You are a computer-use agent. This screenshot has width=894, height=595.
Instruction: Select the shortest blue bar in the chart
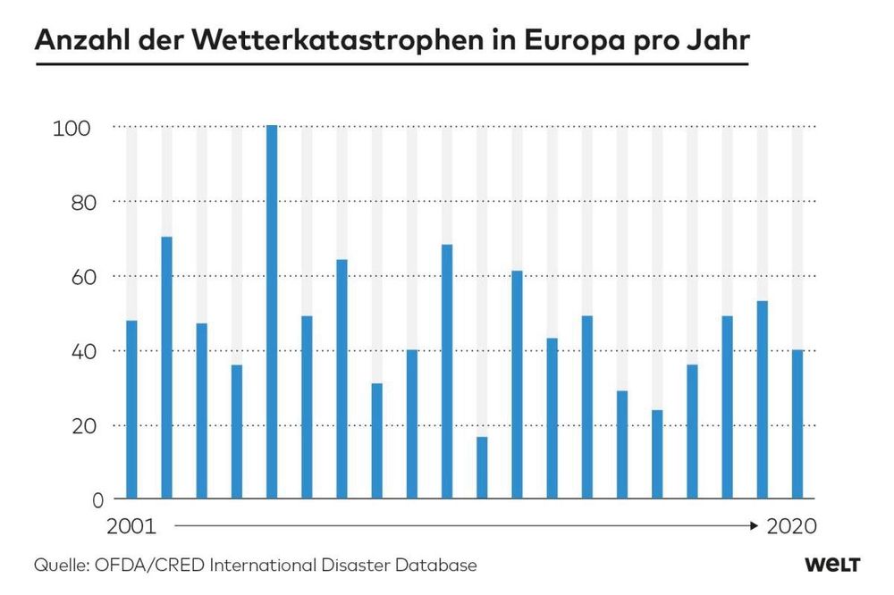482,467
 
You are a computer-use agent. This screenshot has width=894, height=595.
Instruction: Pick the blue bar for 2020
797,423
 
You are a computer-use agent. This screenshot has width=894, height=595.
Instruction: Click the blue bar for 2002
166,367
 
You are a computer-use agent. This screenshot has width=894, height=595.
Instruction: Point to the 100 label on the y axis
72,128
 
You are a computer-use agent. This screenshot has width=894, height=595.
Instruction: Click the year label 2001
132,526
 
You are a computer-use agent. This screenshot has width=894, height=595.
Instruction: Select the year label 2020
792,526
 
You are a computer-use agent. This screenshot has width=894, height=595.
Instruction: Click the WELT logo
831,566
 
